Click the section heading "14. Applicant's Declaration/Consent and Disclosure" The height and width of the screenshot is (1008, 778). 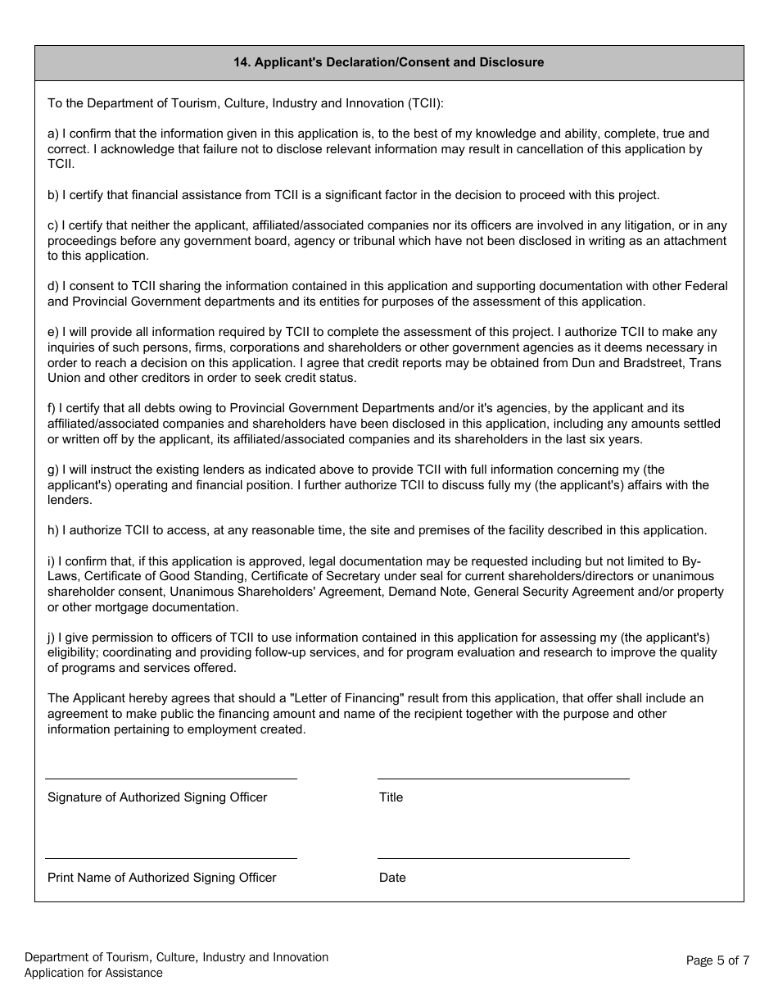tap(389, 62)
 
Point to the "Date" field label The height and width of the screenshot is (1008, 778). tap(392, 878)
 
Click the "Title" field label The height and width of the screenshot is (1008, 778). tap(391, 797)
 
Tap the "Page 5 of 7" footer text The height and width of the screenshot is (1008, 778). tap(717, 960)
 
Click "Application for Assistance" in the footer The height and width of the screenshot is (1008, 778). tap(93, 974)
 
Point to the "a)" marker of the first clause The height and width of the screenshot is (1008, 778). tap(53, 134)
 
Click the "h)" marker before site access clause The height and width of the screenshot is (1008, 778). tap(53, 530)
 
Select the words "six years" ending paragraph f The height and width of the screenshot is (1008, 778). tap(617, 439)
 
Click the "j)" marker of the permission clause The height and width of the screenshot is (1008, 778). tap(52, 638)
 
